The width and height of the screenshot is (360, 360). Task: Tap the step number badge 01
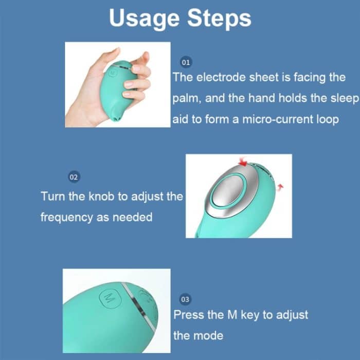click(186, 62)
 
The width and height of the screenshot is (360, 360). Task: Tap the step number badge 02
click(74, 177)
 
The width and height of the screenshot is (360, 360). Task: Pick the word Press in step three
click(189, 315)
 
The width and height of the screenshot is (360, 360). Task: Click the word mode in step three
click(209, 336)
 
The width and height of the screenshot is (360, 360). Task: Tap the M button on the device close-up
click(109, 297)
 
